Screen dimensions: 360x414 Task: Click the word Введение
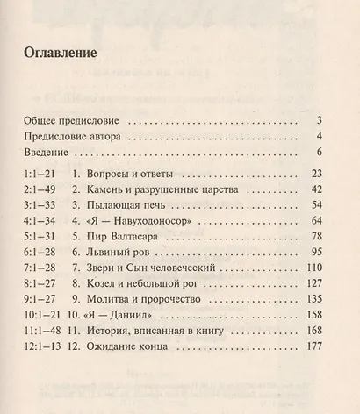tap(47, 153)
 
